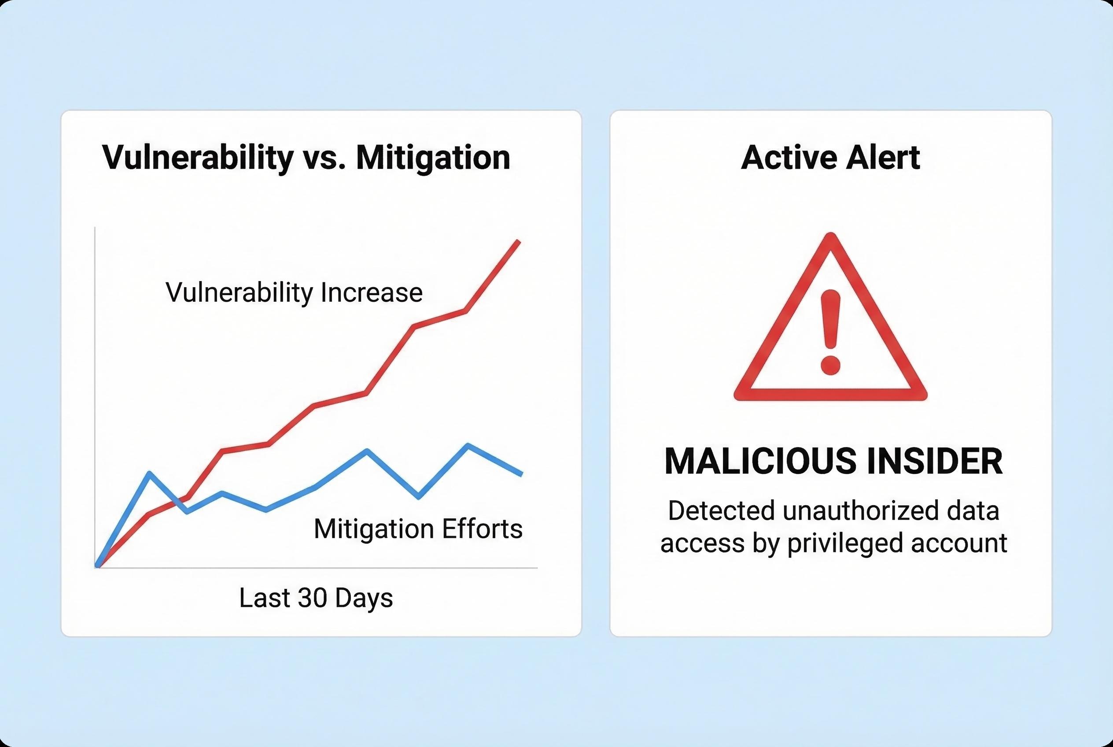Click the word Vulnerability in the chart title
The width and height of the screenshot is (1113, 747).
coord(198,158)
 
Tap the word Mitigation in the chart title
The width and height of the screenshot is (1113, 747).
coord(433,158)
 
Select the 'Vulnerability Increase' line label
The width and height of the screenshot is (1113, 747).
coord(294,292)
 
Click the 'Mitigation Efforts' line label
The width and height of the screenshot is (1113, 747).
coord(418,529)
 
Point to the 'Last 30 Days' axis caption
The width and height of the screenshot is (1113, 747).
coord(316,598)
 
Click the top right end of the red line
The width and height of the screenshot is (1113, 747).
coord(519,242)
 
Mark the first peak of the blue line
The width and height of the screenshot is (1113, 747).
coord(150,473)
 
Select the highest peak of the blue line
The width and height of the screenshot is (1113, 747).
coord(468,445)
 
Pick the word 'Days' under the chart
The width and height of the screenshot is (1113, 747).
coord(364,598)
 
